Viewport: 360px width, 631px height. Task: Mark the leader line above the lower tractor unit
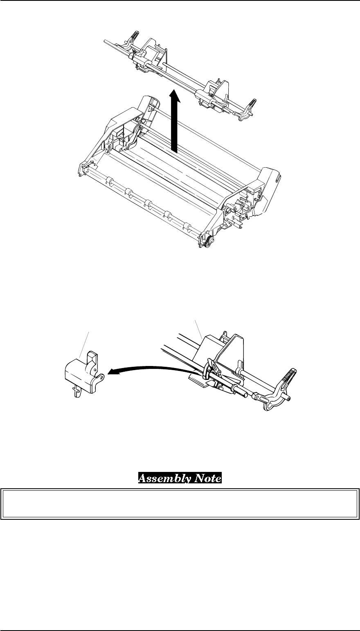click(x=199, y=328)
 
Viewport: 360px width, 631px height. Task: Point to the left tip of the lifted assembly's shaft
click(x=106, y=41)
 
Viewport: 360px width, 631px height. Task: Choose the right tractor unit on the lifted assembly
click(x=213, y=96)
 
